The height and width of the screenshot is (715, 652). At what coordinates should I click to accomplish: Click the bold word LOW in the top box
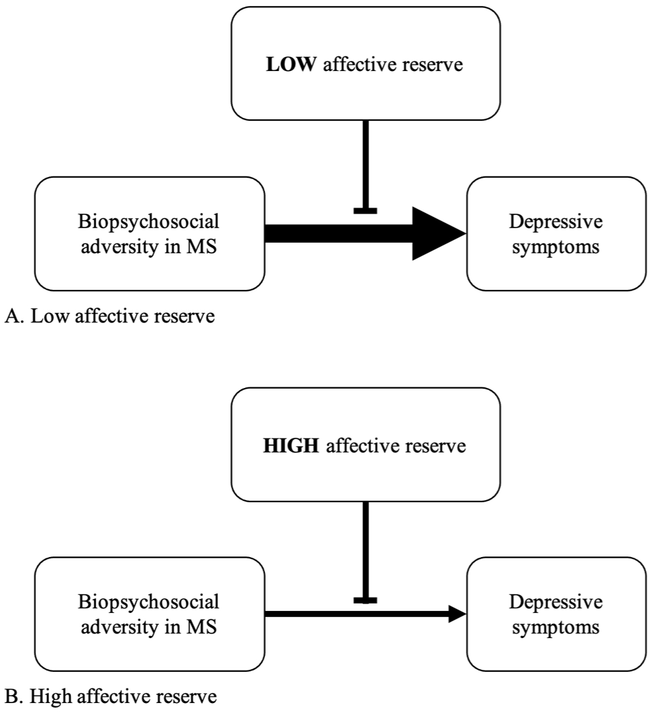click(290, 64)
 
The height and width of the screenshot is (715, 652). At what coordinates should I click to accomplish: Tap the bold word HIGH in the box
click(291, 446)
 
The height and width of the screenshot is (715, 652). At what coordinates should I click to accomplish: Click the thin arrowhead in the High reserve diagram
click(457, 614)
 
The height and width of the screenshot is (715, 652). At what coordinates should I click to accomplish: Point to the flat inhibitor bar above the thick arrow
click(365, 211)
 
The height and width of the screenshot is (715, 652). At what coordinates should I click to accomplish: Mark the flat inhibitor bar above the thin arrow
click(365, 600)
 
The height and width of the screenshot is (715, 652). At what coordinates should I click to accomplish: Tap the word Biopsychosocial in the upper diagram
click(148, 222)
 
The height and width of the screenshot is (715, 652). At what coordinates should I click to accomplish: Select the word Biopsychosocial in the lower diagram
click(148, 602)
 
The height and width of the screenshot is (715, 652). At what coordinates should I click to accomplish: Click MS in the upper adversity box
click(201, 247)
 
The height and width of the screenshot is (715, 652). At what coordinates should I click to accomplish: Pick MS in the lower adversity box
click(201, 627)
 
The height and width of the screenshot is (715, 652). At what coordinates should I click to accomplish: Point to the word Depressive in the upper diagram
click(556, 222)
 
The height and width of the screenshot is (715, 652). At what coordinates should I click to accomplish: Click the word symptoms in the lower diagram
click(556, 628)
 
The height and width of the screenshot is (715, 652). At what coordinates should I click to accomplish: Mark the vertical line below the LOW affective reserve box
click(365, 164)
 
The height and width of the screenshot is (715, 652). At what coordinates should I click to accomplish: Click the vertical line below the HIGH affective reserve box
click(365, 549)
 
